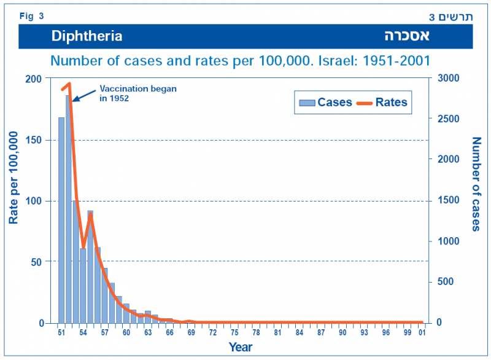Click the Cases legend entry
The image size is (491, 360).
click(325, 102)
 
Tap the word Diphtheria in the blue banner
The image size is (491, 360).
click(87, 36)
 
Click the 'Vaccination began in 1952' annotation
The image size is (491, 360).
click(138, 93)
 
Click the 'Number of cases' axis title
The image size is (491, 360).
click(476, 184)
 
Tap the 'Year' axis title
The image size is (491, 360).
click(241, 347)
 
